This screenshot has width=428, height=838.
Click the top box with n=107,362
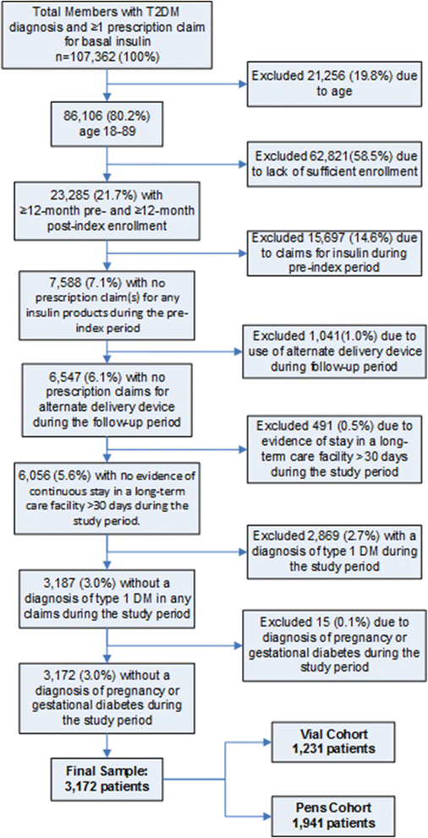click(x=105, y=33)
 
